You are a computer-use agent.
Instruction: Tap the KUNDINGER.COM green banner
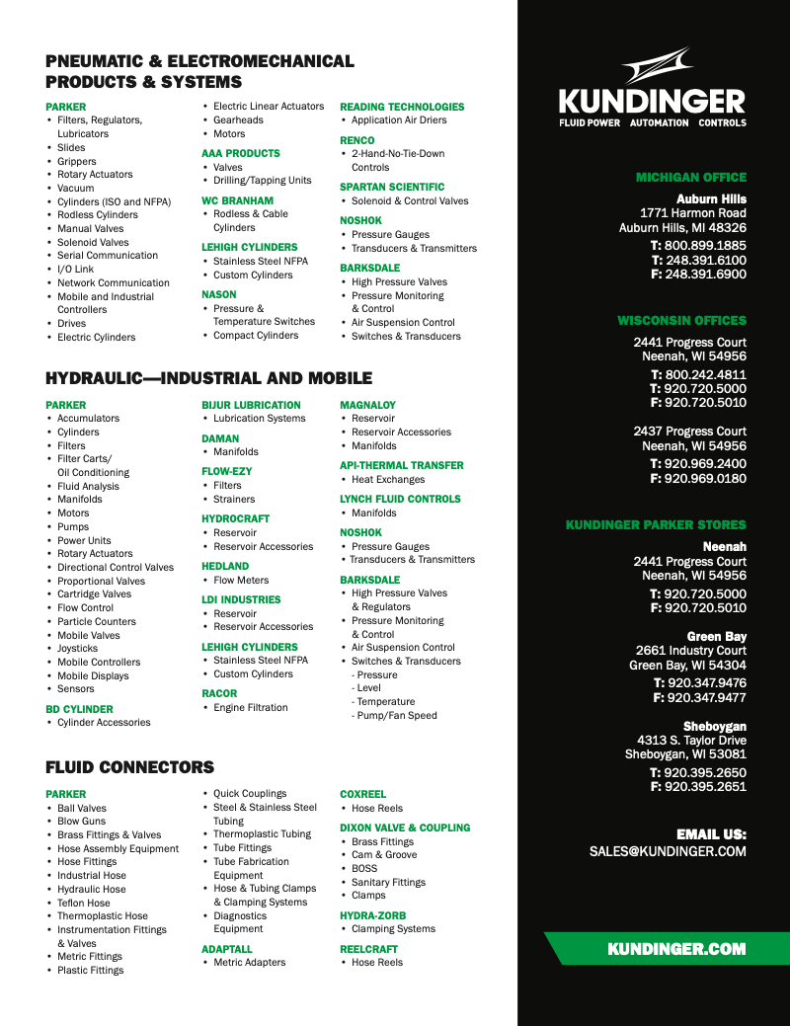676,949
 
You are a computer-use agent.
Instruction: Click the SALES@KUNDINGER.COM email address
668,850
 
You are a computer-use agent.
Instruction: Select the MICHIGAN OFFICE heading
691,178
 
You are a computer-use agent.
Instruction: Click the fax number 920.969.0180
705,478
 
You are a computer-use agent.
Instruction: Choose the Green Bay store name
717,637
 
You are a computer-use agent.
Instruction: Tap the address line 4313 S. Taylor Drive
691,741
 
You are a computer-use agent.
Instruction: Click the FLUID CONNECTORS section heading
129,767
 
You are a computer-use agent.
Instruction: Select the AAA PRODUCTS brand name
241,153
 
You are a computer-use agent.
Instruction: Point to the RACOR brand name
219,694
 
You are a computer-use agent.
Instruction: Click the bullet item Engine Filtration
251,708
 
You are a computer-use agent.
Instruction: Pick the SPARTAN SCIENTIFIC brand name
392,187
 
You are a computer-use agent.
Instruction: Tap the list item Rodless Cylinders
98,215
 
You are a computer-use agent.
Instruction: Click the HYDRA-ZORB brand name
372,915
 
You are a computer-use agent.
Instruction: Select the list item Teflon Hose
84,903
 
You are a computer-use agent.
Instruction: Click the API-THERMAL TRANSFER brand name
402,465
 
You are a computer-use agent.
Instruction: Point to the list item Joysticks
78,649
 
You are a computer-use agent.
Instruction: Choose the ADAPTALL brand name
227,949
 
